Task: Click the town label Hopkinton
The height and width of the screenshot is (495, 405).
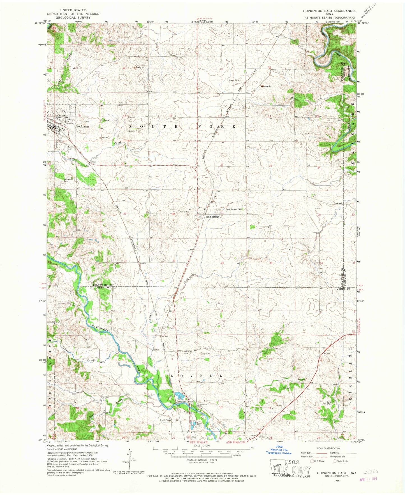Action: [x=82, y=126]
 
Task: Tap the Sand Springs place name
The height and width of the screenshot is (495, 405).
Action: [x=212, y=217]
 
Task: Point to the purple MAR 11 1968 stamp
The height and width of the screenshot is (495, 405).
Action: [x=368, y=478]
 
